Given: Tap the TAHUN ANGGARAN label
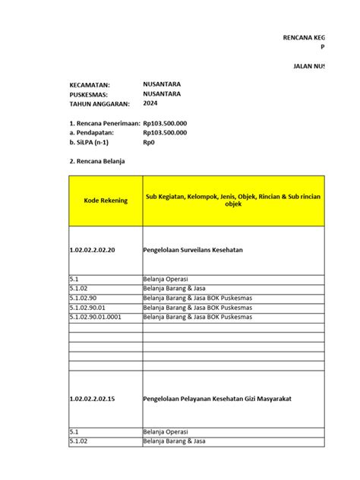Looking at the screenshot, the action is (x=99, y=103).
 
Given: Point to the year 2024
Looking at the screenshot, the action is (x=150, y=103).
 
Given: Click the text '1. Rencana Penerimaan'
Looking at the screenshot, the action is (x=104, y=123).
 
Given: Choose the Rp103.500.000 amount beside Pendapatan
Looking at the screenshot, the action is (x=165, y=132).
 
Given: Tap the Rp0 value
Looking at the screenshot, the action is (x=149, y=142).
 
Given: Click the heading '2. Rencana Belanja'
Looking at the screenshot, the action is (x=96, y=162).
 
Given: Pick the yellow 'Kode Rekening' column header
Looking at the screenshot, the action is (x=105, y=201).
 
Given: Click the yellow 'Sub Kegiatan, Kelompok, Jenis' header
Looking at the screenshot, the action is (x=233, y=201).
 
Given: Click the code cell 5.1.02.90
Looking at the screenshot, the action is (x=84, y=298).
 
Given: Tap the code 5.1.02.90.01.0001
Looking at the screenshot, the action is (x=96, y=317).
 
